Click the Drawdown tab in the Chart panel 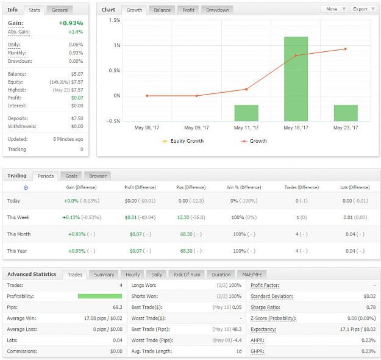pos(217,10)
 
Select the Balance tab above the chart pos(162,10)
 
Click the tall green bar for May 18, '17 pos(296,79)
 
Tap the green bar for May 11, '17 pos(246,113)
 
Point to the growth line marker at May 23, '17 pos(345,49)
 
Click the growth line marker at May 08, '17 pos(147,96)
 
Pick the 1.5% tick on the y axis pos(115,20)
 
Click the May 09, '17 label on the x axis pos(196,128)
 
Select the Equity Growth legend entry pos(183,141)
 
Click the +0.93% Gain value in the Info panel pos(71,23)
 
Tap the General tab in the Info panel pos(60,10)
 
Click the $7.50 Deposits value pos(77,118)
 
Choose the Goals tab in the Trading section pos(71,176)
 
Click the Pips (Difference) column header pos(191,187)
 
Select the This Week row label pos(18,217)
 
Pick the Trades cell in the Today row pos(302,201)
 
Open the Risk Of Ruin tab pos(187,275)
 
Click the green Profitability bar pos(100,296)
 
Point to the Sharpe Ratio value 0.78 pos(371,307)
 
